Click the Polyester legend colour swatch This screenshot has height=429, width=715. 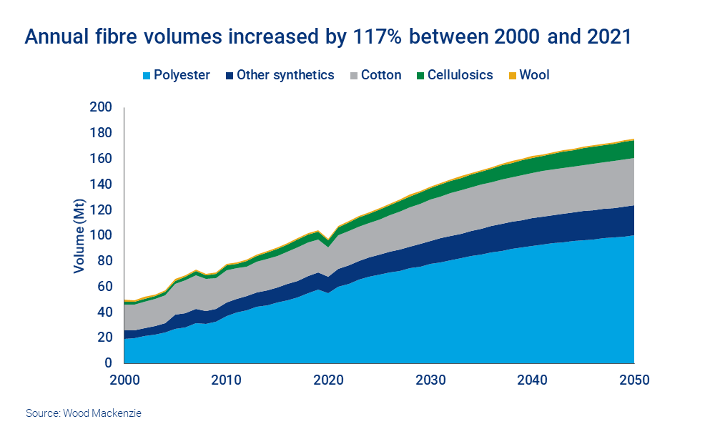click(x=148, y=75)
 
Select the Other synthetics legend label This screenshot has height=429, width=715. click(x=285, y=75)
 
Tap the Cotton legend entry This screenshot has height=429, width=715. click(x=381, y=75)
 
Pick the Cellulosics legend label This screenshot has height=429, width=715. click(x=460, y=75)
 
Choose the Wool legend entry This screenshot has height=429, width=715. click(x=534, y=75)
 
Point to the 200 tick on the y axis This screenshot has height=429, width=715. click(x=102, y=107)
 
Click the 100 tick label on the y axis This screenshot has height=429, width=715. click(x=102, y=235)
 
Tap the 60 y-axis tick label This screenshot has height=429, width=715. click(x=105, y=287)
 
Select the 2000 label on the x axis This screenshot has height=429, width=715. click(x=124, y=380)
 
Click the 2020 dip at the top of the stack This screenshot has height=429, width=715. click(x=328, y=240)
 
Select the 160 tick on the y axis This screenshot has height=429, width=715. click(x=102, y=159)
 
